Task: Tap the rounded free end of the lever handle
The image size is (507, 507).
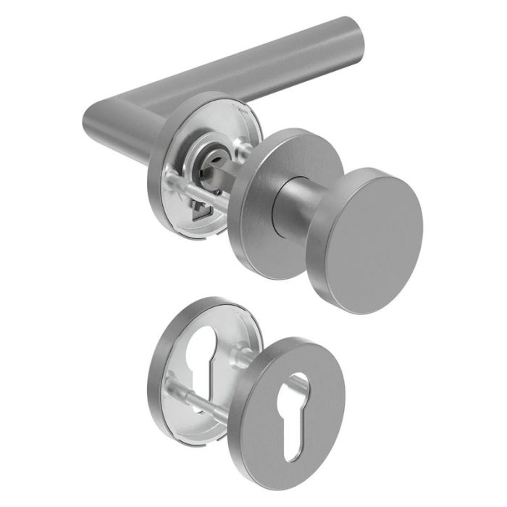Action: (x=353, y=38)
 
